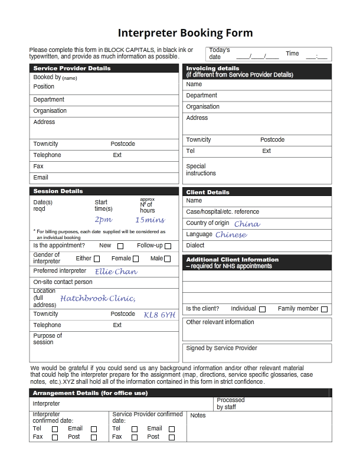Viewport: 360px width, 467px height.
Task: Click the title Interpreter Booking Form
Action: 185,32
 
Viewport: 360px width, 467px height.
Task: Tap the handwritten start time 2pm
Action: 103,220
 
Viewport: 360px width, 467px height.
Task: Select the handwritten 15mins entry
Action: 150,220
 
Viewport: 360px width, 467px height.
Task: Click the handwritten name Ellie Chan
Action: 116,272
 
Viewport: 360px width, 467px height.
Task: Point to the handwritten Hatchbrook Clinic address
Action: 97,298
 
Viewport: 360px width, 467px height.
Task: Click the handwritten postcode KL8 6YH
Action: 159,315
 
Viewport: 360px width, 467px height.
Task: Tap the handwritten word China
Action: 247,224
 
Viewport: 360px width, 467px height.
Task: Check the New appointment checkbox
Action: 120,246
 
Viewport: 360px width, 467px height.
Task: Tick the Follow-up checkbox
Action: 168,246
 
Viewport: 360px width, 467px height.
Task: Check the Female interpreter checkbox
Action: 136,259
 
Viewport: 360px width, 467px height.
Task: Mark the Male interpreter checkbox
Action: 168,259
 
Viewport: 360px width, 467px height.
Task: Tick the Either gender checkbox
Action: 97,259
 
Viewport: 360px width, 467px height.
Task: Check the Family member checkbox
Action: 324,309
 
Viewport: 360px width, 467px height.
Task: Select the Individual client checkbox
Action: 262,309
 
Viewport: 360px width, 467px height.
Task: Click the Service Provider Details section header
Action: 72,68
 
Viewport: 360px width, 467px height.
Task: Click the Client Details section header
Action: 208,192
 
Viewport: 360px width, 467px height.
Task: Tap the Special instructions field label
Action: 201,170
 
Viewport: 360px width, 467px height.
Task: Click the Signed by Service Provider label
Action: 222,348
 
